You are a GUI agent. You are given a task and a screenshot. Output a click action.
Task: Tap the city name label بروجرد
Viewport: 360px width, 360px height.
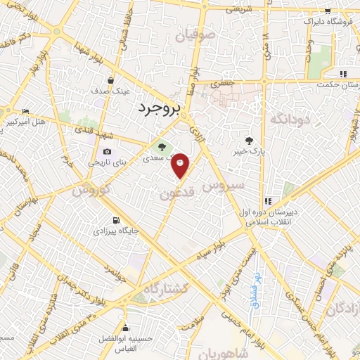[x=158, y=109]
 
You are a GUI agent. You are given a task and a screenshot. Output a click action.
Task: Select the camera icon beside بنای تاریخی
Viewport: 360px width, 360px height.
[x=107, y=152]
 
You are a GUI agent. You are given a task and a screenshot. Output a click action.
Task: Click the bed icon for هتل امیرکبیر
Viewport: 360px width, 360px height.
[x=26, y=111]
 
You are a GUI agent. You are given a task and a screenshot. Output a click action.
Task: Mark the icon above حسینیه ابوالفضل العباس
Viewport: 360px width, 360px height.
[x=126, y=328]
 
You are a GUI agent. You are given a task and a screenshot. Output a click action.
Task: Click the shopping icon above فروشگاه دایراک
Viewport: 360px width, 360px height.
[x=328, y=11]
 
